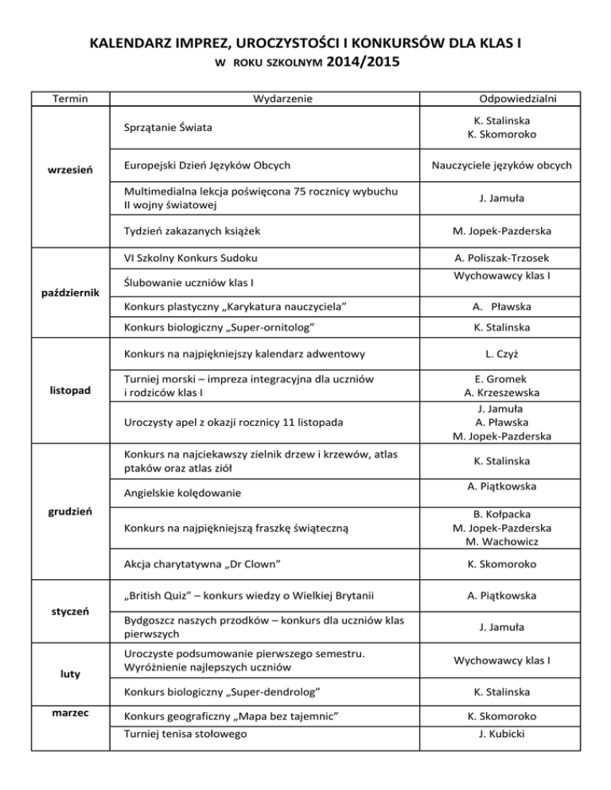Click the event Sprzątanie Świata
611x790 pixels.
pyautogui.click(x=168, y=127)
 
